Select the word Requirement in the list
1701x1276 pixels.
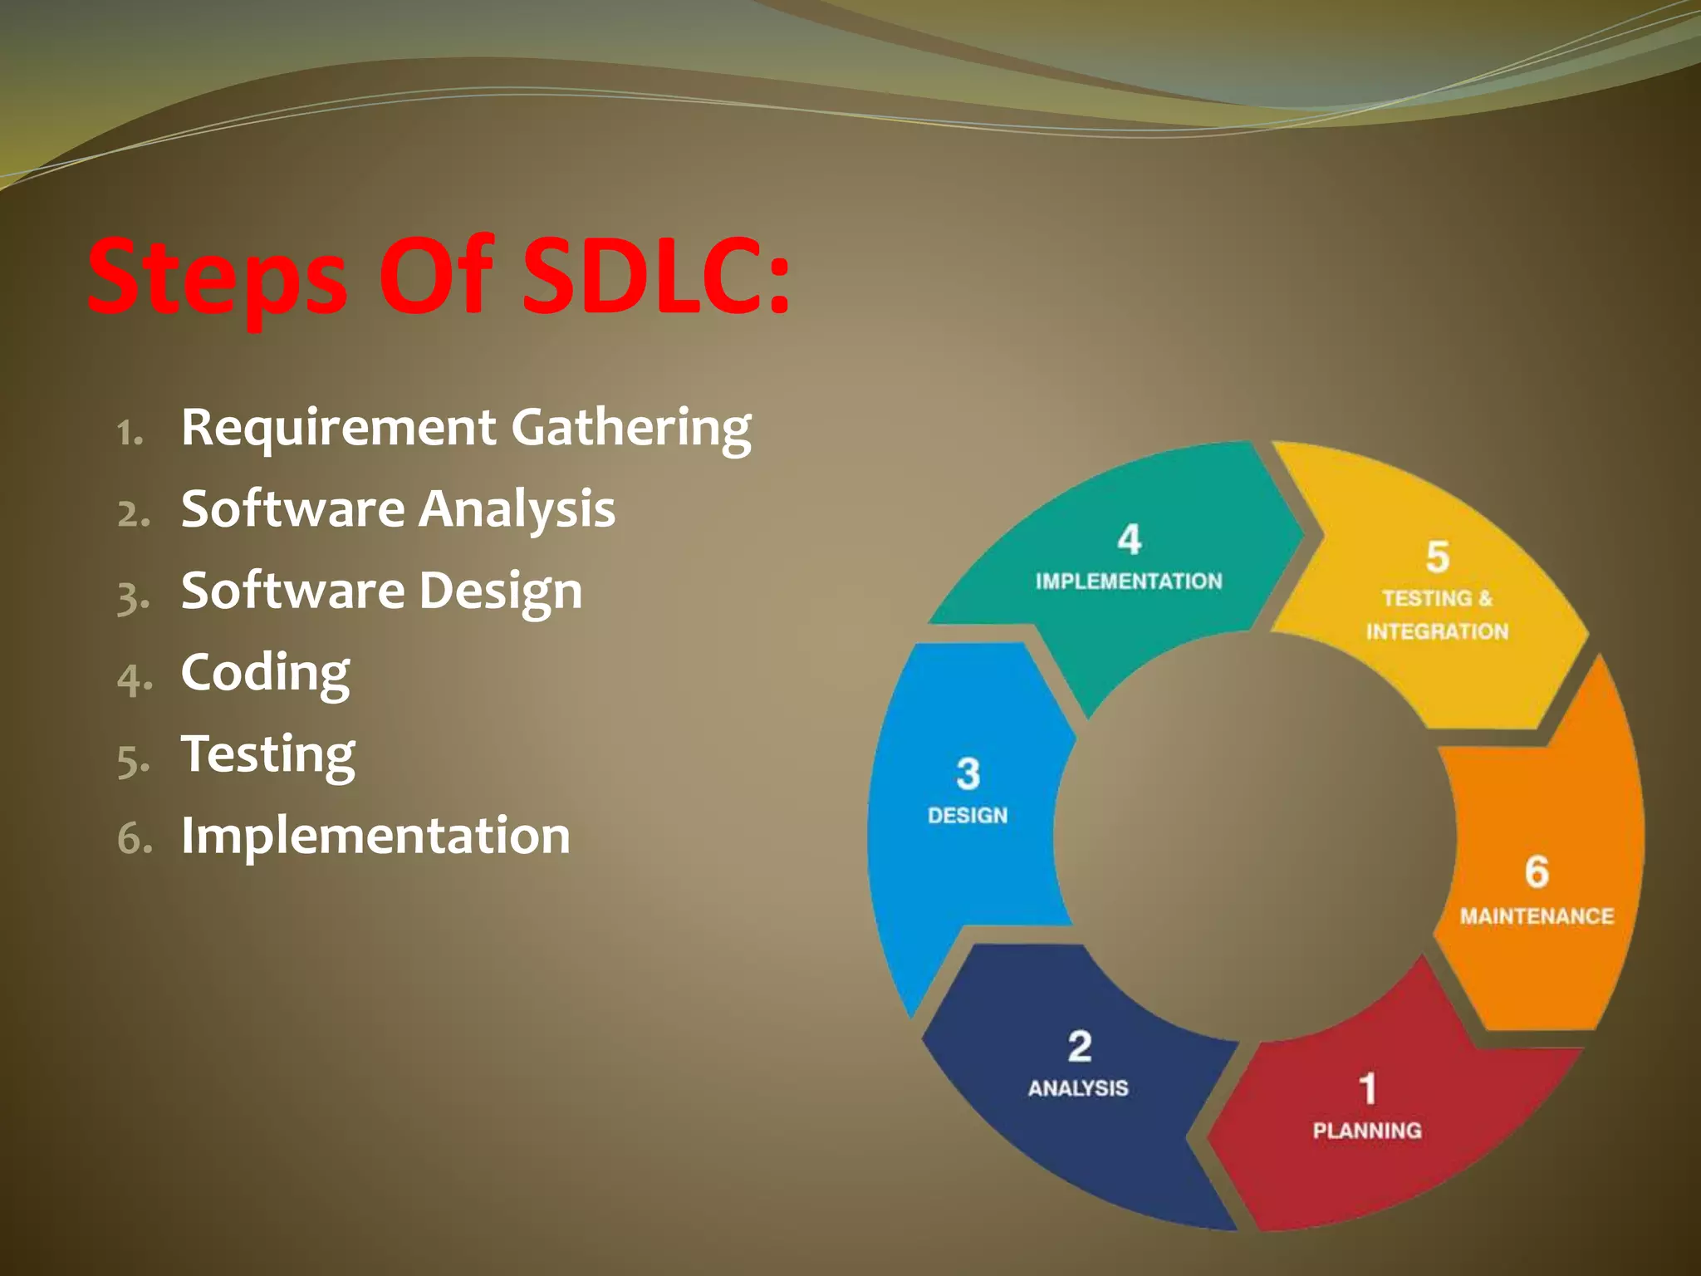click(x=338, y=427)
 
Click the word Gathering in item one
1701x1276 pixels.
click(x=631, y=429)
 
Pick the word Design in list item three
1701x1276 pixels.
click(x=500, y=591)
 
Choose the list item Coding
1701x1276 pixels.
click(x=265, y=673)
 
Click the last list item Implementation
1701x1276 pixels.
click(x=375, y=835)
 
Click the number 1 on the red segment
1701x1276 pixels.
click(x=1367, y=1089)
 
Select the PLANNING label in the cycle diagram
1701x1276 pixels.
click(x=1367, y=1131)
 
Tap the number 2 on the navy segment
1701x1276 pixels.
click(x=1079, y=1047)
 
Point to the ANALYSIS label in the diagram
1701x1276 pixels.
click(x=1078, y=1088)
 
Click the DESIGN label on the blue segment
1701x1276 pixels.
click(x=968, y=816)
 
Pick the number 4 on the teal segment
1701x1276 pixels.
click(x=1129, y=540)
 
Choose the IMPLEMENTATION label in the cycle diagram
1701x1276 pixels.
click(x=1129, y=582)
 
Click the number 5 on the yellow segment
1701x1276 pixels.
click(x=1438, y=557)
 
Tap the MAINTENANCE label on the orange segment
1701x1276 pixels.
click(x=1537, y=916)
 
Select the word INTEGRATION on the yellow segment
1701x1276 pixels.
click(x=1437, y=632)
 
